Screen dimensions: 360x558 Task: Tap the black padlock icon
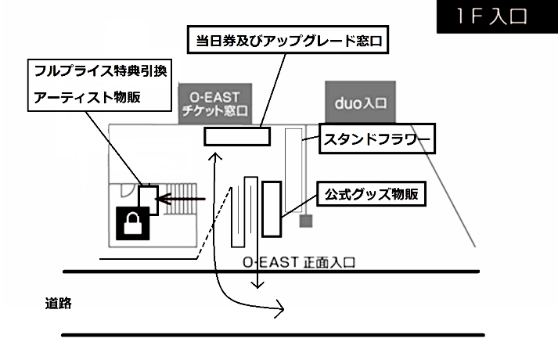[132, 223]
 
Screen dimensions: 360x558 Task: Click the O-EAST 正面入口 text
[298, 261]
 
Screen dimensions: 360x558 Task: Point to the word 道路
[59, 304]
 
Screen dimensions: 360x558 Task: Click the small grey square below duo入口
[306, 221]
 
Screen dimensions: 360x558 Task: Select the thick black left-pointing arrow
[182, 200]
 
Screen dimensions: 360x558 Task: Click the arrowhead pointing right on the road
[280, 310]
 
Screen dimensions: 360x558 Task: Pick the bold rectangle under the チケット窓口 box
[236, 135]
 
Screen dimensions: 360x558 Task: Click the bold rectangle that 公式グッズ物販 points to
[272, 207]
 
